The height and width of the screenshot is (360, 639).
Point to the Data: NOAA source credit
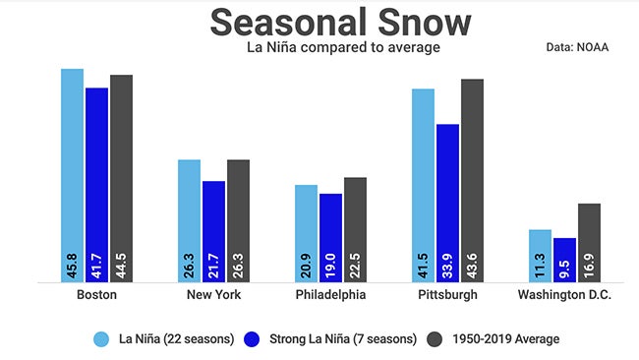tap(578, 46)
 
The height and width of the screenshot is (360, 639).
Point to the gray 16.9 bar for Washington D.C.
tap(589, 242)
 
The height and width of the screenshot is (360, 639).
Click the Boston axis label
tap(96, 295)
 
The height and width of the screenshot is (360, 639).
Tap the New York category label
tap(213, 295)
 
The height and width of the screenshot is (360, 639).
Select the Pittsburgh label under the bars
tap(447, 295)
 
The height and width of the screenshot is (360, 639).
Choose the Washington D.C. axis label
tap(564, 295)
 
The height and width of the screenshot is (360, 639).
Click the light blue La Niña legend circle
tap(101, 338)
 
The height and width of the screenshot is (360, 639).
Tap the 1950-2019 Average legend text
tap(506, 338)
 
